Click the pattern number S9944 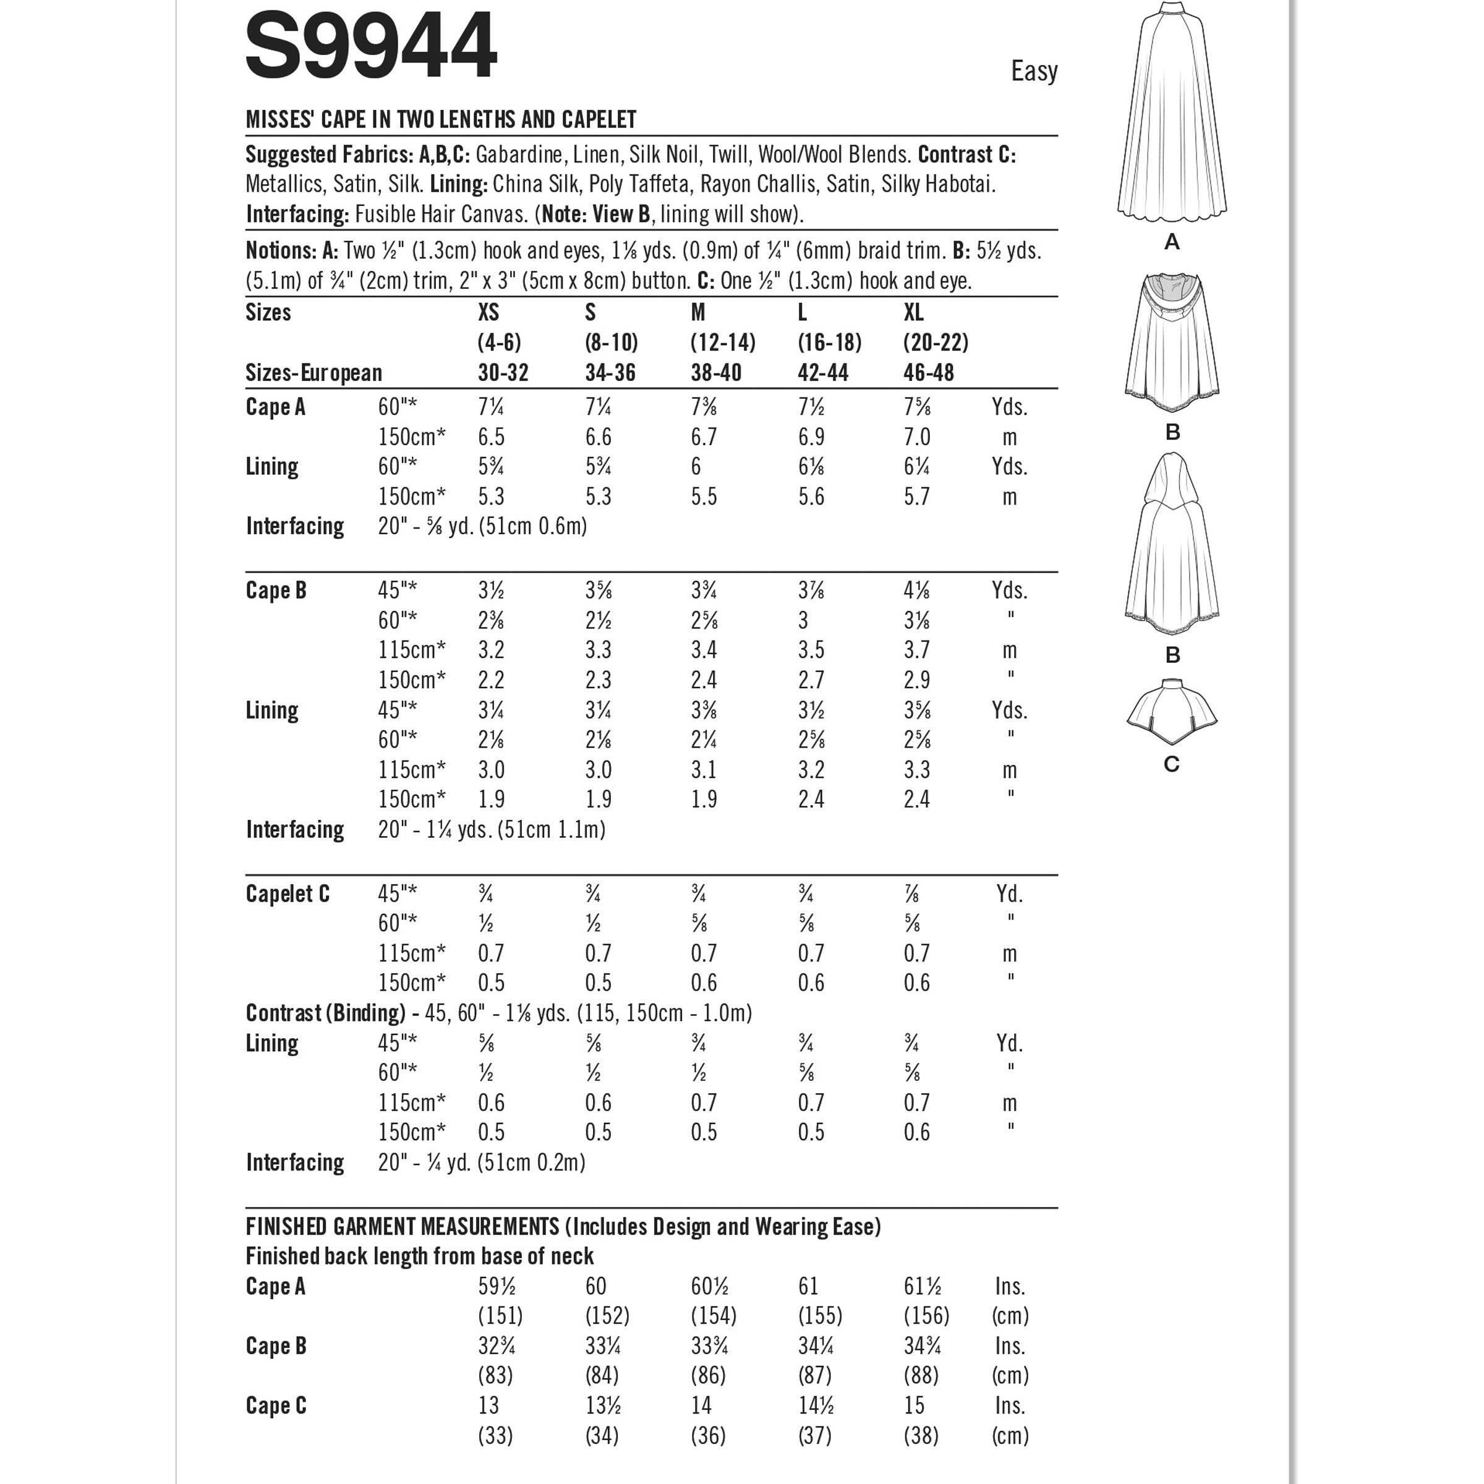coord(370,46)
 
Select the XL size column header coord(913,313)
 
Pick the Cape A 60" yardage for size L coord(812,407)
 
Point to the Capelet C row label coord(288,894)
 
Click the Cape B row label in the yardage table coord(276,591)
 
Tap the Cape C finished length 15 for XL coord(914,1405)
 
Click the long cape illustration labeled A coord(1171,115)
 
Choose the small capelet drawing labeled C coord(1171,712)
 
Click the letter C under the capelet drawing coord(1171,764)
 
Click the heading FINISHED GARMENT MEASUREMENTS coord(403,1227)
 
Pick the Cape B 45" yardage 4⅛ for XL coord(917,591)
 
